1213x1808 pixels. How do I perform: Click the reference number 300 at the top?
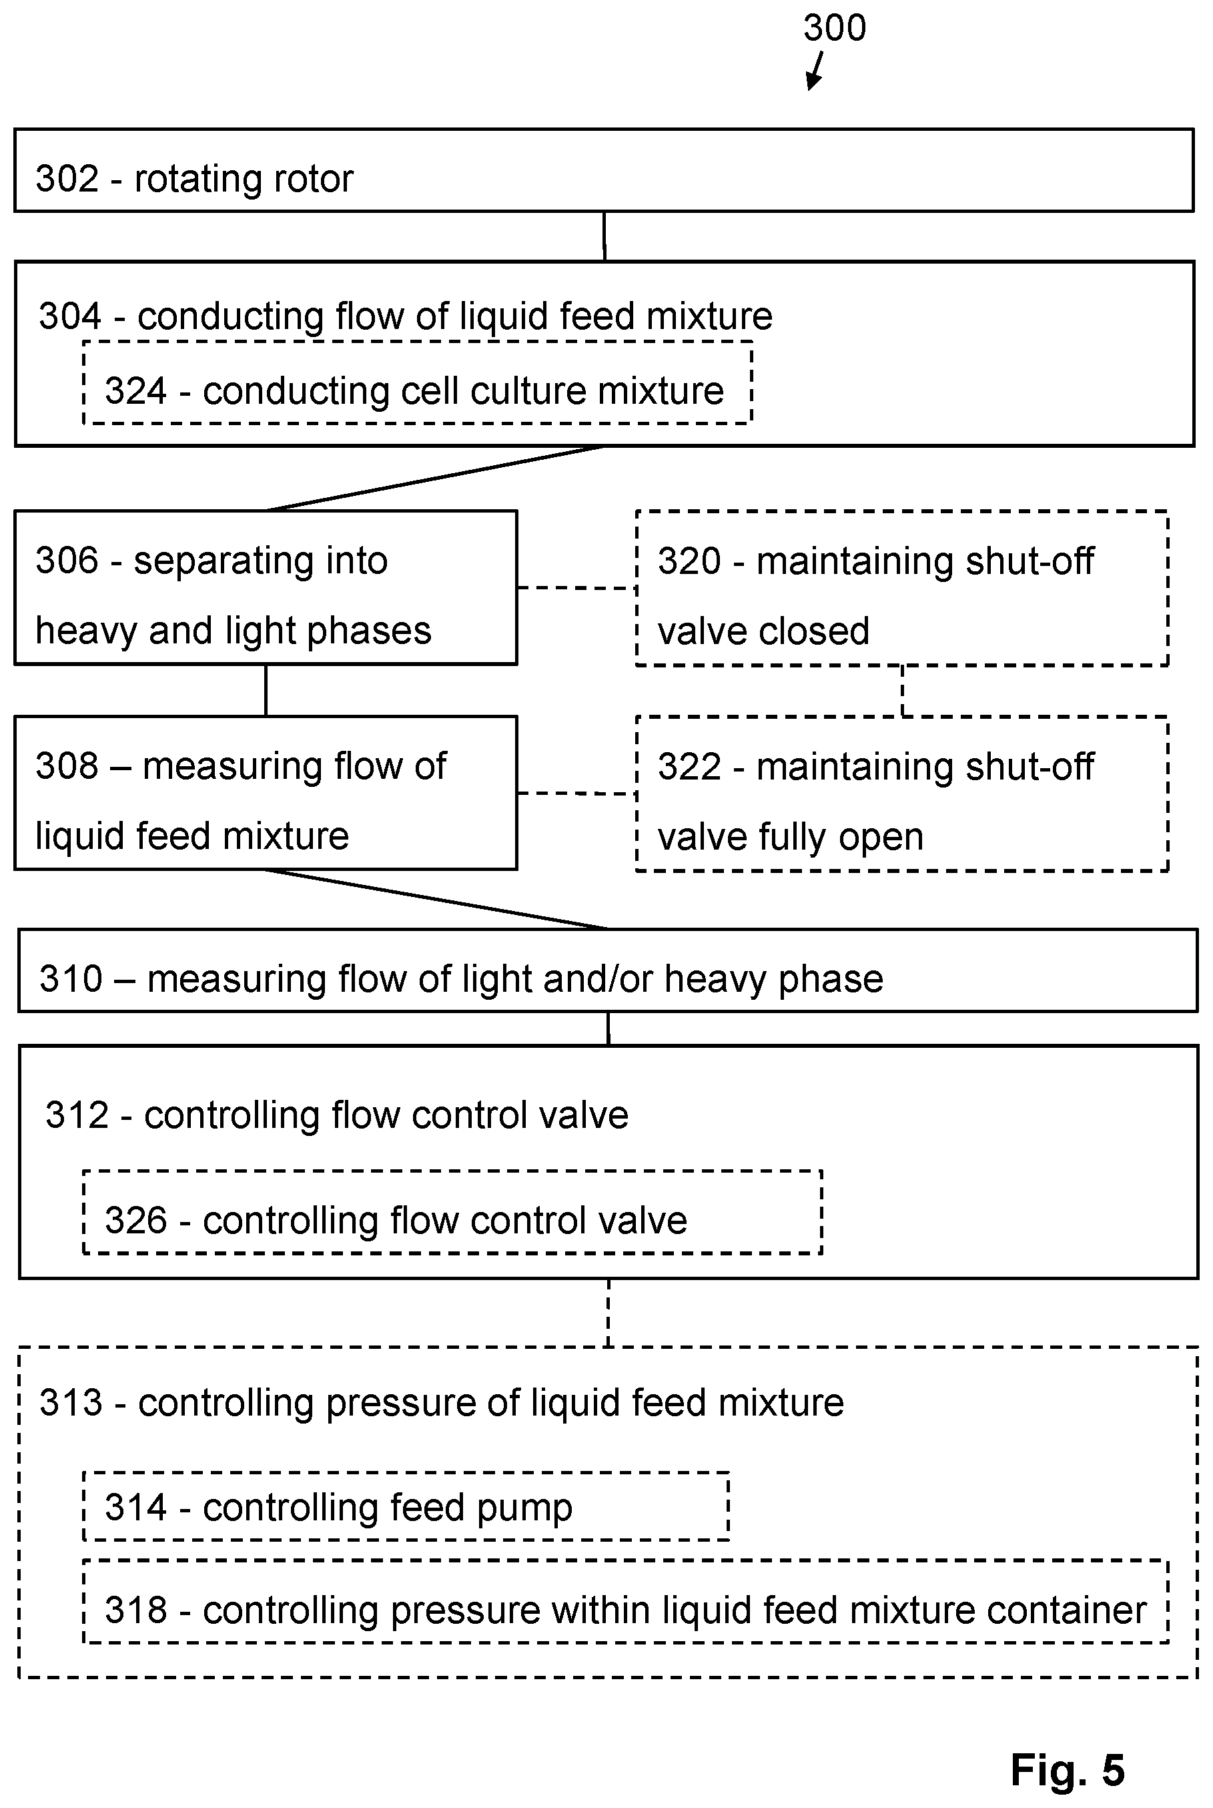click(x=835, y=28)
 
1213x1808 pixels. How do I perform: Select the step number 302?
click(x=67, y=179)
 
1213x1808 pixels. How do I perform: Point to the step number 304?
click(x=71, y=316)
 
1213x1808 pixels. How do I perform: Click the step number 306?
click(x=67, y=560)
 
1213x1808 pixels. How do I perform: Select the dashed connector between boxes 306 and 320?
click(x=576, y=588)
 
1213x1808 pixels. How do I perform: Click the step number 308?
click(x=67, y=766)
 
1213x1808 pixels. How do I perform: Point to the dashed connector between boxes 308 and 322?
click(x=576, y=793)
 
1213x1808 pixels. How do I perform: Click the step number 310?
click(x=71, y=978)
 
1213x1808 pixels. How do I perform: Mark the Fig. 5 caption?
click(x=1068, y=1769)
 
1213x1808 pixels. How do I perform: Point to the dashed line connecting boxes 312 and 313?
click(x=609, y=1313)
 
